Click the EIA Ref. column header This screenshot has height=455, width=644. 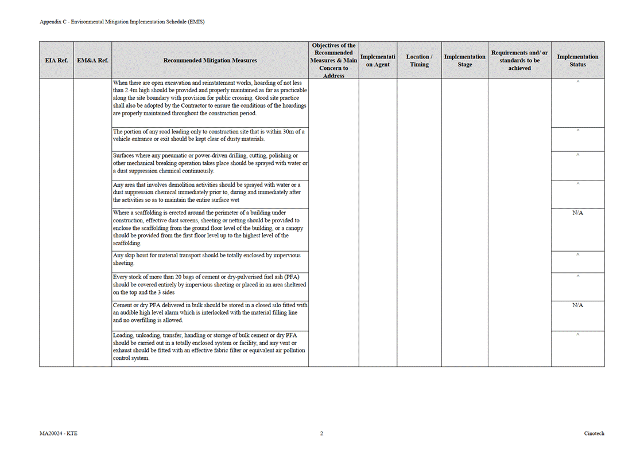(x=56, y=60)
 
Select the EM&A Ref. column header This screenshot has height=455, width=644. (x=92, y=60)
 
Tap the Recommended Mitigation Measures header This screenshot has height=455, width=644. (x=210, y=60)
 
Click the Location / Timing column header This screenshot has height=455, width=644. (x=419, y=60)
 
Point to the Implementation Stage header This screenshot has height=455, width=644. (x=464, y=60)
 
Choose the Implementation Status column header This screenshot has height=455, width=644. (x=577, y=60)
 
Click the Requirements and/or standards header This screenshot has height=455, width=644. (x=519, y=60)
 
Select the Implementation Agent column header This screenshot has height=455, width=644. (x=378, y=60)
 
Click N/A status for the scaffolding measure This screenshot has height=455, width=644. (x=577, y=213)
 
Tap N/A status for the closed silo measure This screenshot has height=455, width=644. (x=577, y=305)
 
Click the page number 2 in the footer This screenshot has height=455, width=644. (x=321, y=433)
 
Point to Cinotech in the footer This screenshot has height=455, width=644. (x=594, y=433)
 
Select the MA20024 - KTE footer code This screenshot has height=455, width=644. (x=55, y=433)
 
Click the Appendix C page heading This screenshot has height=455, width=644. (x=122, y=22)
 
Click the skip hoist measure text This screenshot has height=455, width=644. (x=207, y=259)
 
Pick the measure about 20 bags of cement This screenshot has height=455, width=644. (x=210, y=285)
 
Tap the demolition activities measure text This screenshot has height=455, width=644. (x=207, y=193)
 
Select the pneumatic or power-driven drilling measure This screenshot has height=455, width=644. (x=210, y=163)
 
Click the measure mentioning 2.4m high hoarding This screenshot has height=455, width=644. (x=210, y=98)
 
